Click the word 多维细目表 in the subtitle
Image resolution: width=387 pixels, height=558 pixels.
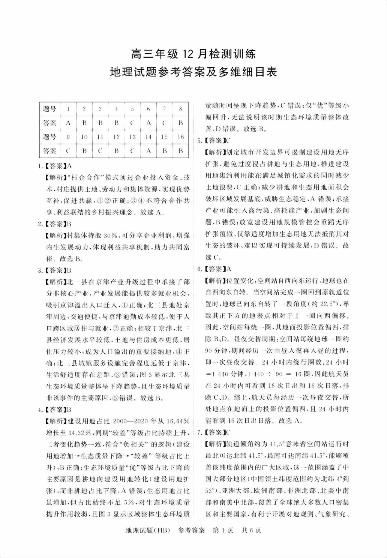coord(244,71)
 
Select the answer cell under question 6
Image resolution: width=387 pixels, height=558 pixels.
coord(148,123)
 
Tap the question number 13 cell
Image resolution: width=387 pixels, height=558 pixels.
coord(132,137)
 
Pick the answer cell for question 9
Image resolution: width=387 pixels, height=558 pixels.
coord(68,151)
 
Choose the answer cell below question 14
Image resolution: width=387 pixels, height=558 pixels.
coord(148,151)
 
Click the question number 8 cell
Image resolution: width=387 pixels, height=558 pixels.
coord(181,109)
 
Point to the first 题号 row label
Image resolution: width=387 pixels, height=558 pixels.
coord(49,109)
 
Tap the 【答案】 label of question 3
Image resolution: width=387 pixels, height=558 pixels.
coord(55,270)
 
